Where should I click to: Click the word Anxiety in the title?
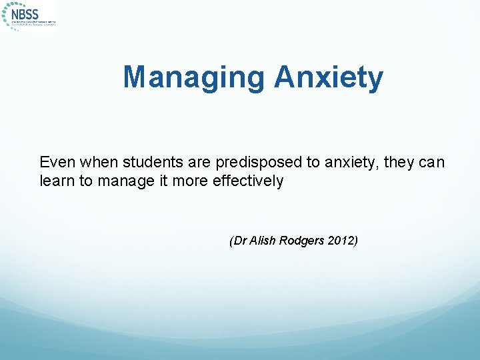click(329, 77)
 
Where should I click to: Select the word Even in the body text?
click(55, 162)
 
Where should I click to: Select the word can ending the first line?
click(429, 162)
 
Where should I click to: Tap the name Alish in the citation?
click(261, 241)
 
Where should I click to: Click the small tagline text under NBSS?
click(33, 23)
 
